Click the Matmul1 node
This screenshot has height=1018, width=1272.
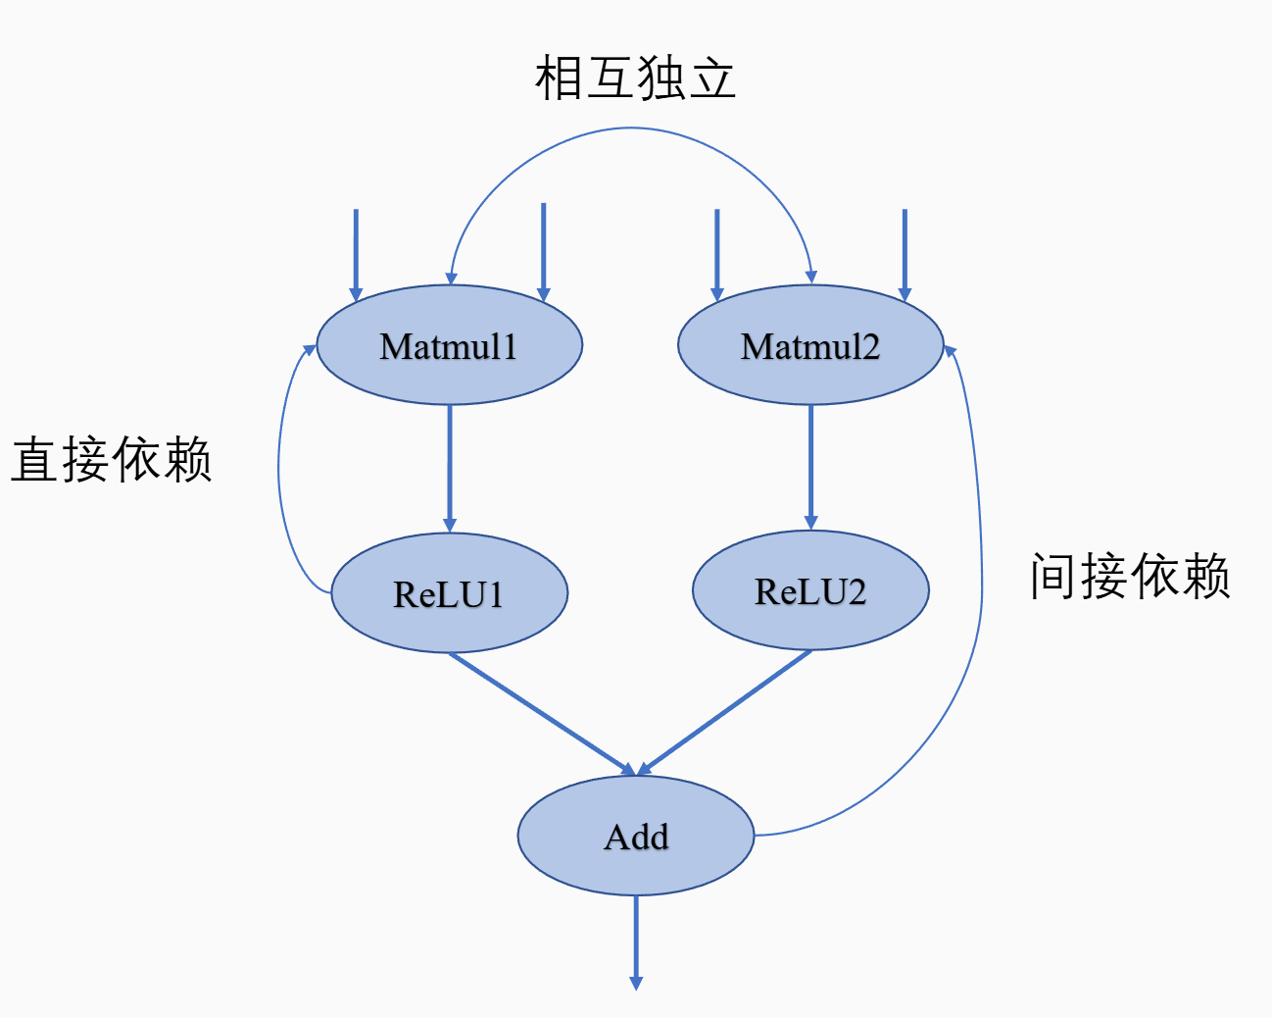[x=450, y=345]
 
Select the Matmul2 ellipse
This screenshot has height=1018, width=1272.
[x=810, y=345]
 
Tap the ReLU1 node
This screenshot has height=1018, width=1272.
[x=450, y=593]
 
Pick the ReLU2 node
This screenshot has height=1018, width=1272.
[x=810, y=590]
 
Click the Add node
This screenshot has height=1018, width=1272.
[x=636, y=836]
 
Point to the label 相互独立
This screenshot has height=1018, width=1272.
[x=635, y=78]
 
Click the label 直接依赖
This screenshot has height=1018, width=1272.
[x=112, y=459]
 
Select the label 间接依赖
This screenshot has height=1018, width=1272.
[x=1130, y=575]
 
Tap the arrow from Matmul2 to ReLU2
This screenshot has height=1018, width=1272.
[x=810, y=466]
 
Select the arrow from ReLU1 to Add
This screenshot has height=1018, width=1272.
[x=542, y=713]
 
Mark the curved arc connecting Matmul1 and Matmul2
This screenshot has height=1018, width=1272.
[x=632, y=128]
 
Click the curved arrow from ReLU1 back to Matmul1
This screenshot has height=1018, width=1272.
[x=280, y=471]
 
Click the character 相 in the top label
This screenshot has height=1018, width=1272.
[x=560, y=78]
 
